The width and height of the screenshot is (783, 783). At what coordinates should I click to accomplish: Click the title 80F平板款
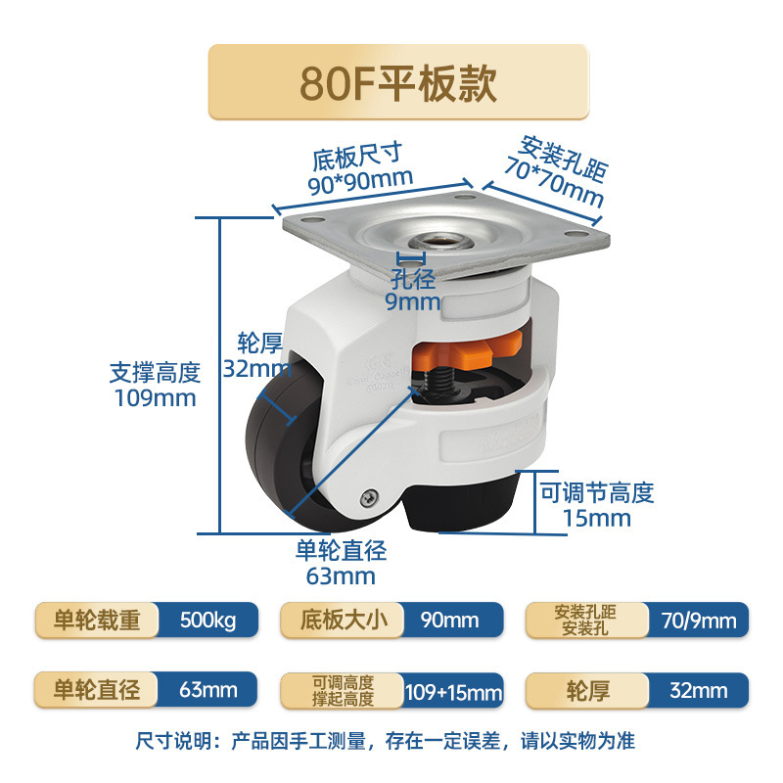398,83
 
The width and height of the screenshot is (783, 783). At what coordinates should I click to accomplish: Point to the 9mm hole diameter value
412,301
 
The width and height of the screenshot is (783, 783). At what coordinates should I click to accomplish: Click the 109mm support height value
153,398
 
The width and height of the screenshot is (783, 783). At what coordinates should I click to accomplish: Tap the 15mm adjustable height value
597,518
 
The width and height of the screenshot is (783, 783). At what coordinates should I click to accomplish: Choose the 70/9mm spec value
697,621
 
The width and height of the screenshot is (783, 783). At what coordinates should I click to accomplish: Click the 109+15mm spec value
453,692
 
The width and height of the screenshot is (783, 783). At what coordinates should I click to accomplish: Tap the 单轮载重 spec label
95,621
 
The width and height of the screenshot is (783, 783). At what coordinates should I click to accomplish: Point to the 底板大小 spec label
340,621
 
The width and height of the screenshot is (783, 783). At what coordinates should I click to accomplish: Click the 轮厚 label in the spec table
586,691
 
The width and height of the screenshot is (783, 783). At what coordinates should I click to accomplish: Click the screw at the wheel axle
369,498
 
